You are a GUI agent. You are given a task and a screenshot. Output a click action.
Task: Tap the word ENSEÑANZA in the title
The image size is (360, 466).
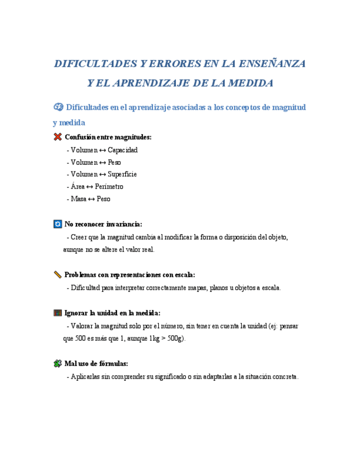pyautogui.click(x=272, y=64)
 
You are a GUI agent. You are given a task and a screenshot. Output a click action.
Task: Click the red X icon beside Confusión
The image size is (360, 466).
pyautogui.click(x=58, y=137)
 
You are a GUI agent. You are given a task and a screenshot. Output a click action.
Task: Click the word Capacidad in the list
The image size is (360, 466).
pyautogui.click(x=123, y=150)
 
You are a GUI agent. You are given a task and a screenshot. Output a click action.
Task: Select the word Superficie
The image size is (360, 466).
pyautogui.click(x=122, y=174)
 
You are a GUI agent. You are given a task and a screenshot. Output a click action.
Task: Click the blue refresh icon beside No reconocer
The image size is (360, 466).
pyautogui.click(x=58, y=224)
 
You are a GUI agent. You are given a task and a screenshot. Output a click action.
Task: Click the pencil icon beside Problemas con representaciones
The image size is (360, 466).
pyautogui.click(x=58, y=275)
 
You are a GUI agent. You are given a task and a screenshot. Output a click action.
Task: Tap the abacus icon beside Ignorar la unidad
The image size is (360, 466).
pyautogui.click(x=58, y=313)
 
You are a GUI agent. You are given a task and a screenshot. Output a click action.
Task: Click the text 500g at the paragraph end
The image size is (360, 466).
pyautogui.click(x=176, y=338)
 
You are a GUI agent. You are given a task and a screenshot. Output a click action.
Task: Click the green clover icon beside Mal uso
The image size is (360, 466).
pyautogui.click(x=58, y=363)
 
